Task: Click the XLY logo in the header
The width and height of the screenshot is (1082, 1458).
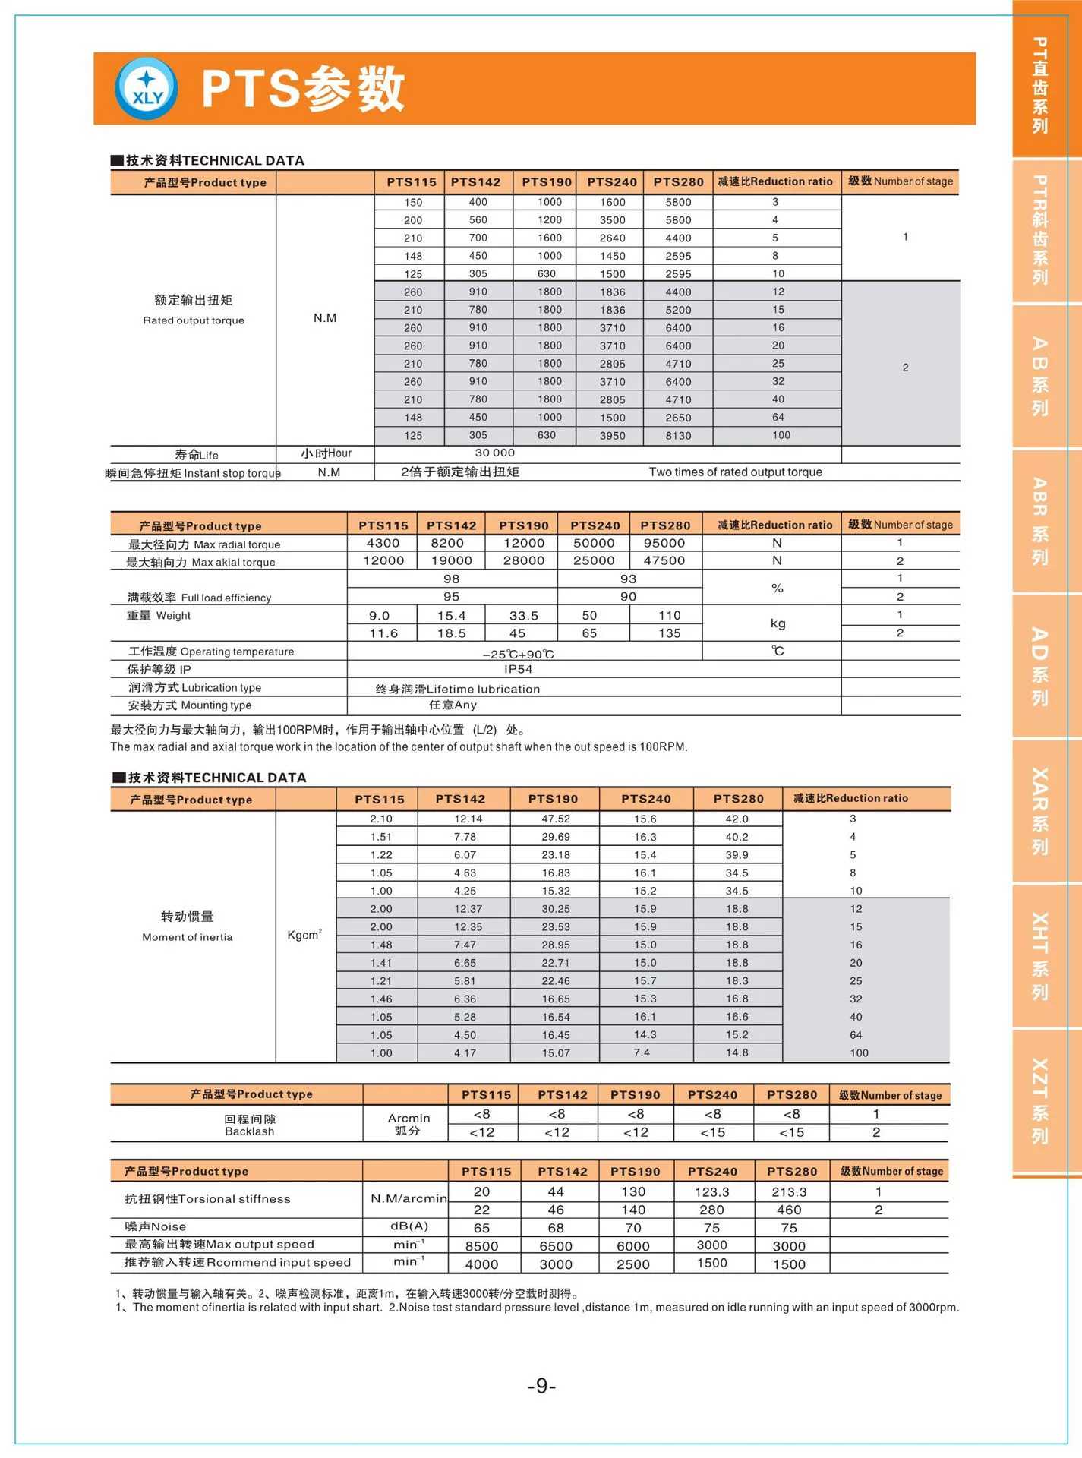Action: click(x=147, y=88)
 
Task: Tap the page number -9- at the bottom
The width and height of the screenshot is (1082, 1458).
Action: click(x=541, y=1386)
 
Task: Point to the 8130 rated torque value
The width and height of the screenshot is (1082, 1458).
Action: click(x=678, y=436)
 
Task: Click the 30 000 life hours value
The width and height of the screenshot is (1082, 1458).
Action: click(x=494, y=453)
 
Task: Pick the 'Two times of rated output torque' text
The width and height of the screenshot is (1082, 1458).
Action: click(x=735, y=472)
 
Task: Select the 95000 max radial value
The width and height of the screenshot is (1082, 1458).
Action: click(x=664, y=544)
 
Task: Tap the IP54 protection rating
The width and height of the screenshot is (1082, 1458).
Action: click(x=518, y=670)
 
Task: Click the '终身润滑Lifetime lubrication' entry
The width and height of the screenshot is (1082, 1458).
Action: click(x=458, y=690)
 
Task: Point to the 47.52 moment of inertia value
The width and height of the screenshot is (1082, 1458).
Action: click(x=556, y=819)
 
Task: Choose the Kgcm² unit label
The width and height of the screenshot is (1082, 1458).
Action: click(x=304, y=935)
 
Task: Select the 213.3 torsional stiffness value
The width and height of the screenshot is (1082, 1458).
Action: click(x=789, y=1192)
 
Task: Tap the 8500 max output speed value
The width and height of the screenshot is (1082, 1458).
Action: click(x=481, y=1246)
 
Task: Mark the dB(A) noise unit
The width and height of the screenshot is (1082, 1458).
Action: click(x=409, y=1226)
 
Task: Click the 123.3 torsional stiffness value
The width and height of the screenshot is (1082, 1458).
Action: click(x=711, y=1192)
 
